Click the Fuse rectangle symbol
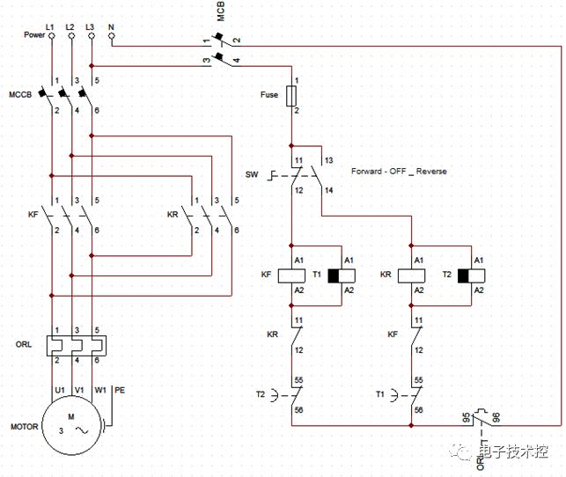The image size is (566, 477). coord(291,96)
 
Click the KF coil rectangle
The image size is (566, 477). coord(291,275)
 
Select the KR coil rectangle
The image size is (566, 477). coord(411,275)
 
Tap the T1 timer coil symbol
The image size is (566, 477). coord(342,275)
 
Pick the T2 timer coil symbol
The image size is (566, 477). coord(471,275)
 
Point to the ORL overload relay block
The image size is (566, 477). coord(77,346)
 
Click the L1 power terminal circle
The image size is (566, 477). coord(52,36)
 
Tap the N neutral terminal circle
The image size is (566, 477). coord(112,36)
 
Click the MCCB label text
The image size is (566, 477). coord(20,94)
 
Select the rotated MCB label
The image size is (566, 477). coord(221,11)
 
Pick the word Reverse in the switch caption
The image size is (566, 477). coord(431,171)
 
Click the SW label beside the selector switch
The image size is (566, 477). coord(252,174)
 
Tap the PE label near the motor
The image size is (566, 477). coord(120,390)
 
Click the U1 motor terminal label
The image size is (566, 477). coord(60,390)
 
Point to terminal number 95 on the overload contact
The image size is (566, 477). coord(467,417)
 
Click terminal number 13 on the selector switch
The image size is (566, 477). coord(328,160)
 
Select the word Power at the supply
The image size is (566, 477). coord(34,34)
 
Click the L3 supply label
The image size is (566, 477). coord(90,27)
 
